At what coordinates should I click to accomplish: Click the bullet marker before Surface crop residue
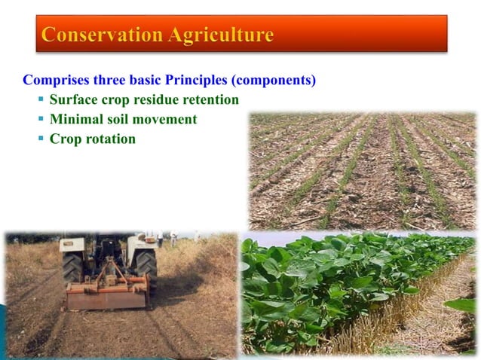[x=41, y=99]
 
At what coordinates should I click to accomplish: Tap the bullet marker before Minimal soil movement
[x=41, y=119]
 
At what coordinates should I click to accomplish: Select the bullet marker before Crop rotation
[x=41, y=139]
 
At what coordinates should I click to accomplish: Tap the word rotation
[x=109, y=139]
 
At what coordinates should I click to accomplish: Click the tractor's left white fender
[x=72, y=244]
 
